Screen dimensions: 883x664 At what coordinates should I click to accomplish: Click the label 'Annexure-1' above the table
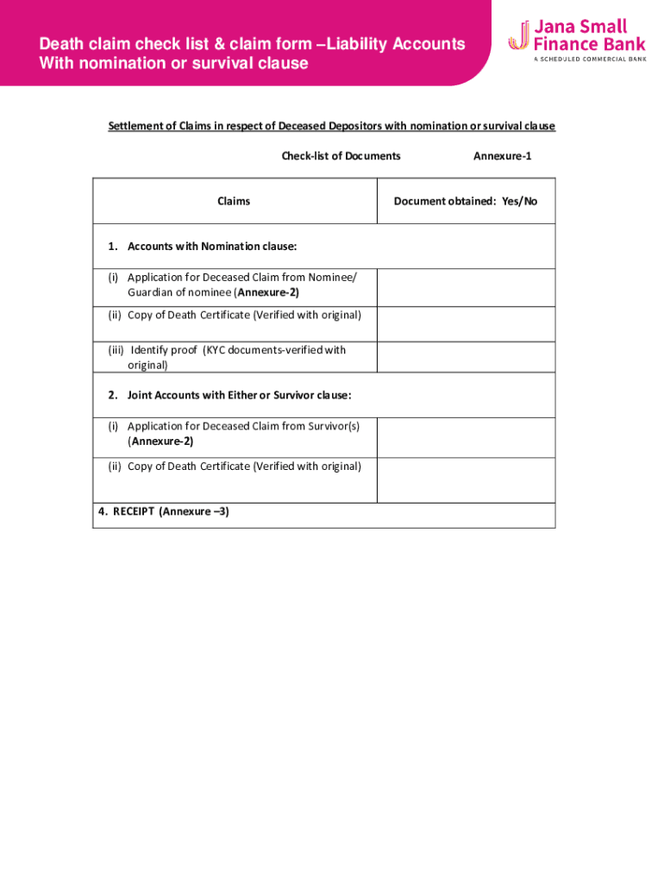point(502,156)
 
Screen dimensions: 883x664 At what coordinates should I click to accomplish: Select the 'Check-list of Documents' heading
point(341,156)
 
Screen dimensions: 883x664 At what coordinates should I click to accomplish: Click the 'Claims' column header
point(234,201)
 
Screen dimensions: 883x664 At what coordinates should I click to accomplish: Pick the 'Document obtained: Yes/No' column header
point(466,201)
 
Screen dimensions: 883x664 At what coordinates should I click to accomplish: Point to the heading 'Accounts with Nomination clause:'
point(212,247)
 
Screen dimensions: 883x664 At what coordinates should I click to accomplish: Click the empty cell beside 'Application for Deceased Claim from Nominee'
point(466,287)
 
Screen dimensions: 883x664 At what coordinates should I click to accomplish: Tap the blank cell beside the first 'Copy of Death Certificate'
point(466,324)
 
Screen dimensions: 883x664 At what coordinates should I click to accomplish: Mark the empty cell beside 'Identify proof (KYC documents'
point(466,357)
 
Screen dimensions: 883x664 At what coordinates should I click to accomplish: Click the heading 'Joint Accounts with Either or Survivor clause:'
point(239,396)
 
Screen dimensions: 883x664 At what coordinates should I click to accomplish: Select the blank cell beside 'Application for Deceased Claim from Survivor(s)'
point(466,437)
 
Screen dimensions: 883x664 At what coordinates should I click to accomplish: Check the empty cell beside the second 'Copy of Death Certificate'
point(466,479)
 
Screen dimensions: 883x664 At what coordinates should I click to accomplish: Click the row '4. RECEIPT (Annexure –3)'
point(164,511)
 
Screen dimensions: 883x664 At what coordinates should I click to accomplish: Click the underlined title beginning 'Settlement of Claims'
point(332,126)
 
